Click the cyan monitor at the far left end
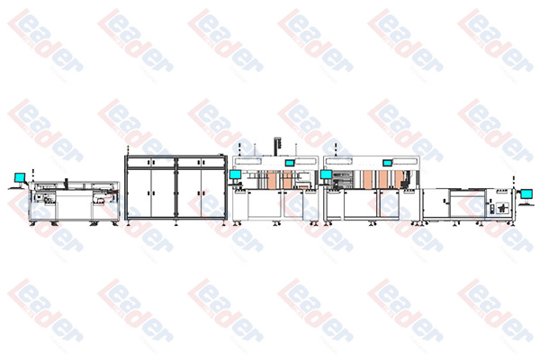point(20,178)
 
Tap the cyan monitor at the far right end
point(526,194)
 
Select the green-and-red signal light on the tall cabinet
point(127,149)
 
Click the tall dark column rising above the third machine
point(277,147)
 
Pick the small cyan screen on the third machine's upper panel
point(289,163)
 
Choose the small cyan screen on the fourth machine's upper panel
point(388,163)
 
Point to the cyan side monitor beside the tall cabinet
point(236,175)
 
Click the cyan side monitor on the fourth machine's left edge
point(326,175)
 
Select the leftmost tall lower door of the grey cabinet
point(139,193)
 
